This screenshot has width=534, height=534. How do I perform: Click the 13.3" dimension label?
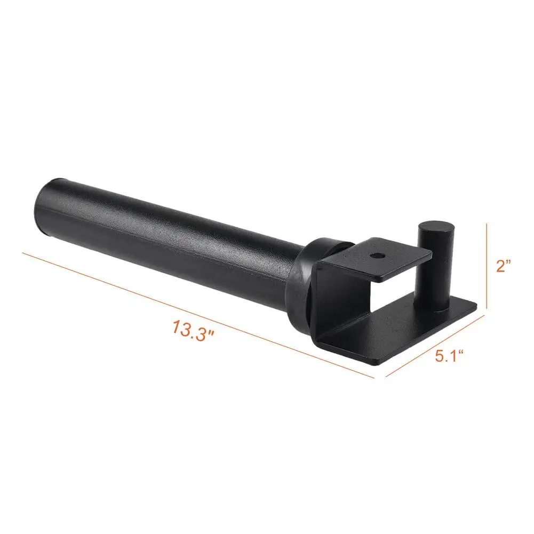[x=194, y=328]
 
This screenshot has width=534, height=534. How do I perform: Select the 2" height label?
[x=504, y=265]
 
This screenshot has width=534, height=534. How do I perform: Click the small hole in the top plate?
[x=378, y=256]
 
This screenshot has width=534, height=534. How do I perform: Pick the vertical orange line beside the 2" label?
[x=487, y=265]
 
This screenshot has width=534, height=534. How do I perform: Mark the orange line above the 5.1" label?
[x=433, y=346]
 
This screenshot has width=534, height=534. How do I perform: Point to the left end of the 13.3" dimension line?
[x=22, y=252]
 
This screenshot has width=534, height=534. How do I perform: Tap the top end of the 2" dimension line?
[x=487, y=224]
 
